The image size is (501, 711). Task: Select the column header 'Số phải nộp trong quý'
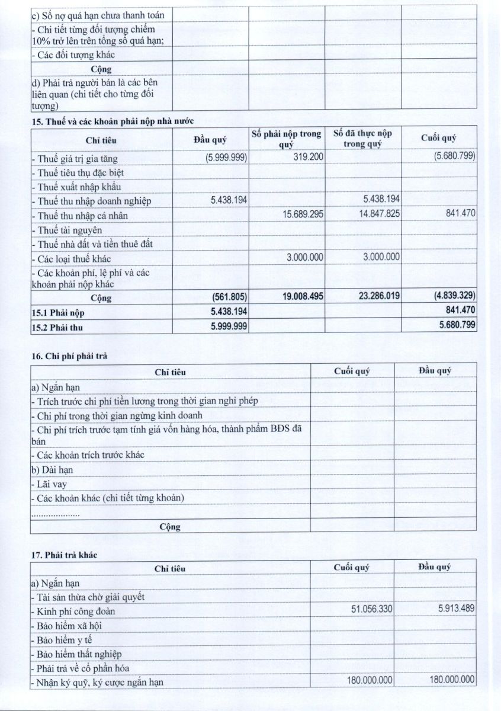[286, 139]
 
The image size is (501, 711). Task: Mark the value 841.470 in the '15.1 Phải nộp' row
[458, 310]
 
